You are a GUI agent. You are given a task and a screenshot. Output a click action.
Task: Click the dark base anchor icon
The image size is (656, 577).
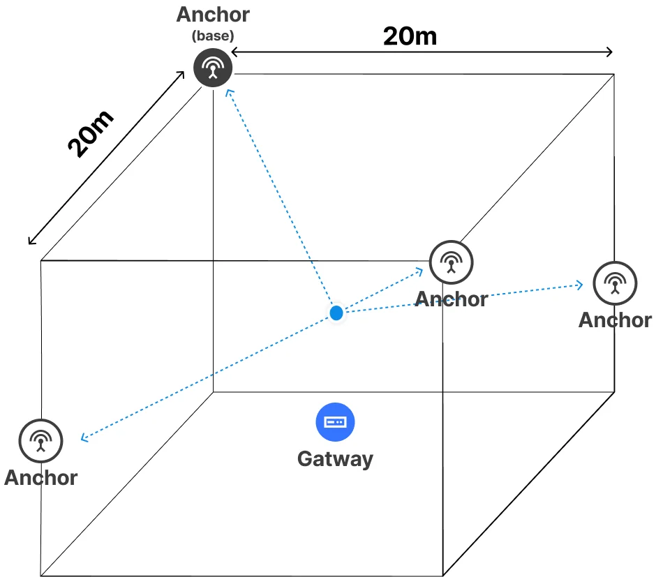coord(213,68)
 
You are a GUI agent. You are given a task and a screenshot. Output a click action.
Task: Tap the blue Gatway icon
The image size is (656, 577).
coord(335,422)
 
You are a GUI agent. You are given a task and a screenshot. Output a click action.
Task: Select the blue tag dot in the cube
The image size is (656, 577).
coord(336,313)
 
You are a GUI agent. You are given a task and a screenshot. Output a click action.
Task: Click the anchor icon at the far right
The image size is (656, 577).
coord(615,283)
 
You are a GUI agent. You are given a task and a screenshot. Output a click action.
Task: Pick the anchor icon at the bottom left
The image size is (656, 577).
coord(40,441)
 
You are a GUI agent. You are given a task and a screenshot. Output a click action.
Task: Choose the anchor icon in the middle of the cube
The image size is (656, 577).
coord(451,262)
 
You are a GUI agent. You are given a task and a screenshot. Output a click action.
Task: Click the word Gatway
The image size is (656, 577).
coord(335,459)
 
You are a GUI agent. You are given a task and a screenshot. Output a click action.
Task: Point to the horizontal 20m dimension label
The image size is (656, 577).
coord(410,36)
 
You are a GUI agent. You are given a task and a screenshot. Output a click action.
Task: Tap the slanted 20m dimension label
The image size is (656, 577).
coord(90,134)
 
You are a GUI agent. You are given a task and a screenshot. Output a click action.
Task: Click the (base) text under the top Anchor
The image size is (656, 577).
coord(213,36)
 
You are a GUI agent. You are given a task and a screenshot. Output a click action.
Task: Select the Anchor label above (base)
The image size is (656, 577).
coord(213,15)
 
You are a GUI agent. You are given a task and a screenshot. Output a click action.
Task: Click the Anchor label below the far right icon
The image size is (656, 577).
coord(615,320)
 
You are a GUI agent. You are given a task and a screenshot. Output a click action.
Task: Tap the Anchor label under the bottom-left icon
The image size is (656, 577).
coord(40,478)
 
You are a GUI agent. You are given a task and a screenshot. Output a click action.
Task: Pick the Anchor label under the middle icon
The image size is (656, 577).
coord(452,299)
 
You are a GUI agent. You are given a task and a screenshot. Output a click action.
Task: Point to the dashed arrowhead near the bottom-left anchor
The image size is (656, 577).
coord(83,437)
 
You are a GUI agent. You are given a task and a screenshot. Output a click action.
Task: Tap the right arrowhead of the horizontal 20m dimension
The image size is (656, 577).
coord(611,52)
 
